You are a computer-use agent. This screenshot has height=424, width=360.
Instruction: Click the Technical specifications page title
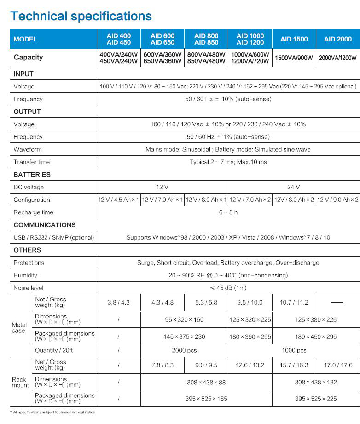(x=81, y=16)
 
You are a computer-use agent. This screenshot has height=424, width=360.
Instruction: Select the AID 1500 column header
(x=294, y=39)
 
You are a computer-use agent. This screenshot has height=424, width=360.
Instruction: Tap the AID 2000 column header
(x=338, y=39)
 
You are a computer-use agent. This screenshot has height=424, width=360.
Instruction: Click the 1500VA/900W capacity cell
(x=294, y=58)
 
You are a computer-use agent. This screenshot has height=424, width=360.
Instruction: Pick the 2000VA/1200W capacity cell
(x=338, y=58)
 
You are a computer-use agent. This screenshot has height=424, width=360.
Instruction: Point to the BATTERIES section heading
(x=32, y=175)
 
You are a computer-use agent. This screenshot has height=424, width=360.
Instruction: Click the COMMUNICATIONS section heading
(x=45, y=225)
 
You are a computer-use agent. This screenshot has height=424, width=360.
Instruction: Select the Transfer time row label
(x=32, y=162)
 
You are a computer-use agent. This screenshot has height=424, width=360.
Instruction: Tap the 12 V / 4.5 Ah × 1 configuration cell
(x=118, y=200)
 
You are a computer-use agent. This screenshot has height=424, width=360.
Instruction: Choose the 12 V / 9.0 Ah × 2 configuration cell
(x=338, y=200)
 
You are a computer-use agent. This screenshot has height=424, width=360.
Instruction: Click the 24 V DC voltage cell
(x=294, y=187)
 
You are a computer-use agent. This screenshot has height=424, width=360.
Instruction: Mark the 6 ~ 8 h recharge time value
(x=228, y=212)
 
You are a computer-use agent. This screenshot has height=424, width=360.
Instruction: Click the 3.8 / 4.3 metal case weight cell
(x=118, y=303)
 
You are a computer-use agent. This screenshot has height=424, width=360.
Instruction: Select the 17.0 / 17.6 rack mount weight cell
(x=338, y=365)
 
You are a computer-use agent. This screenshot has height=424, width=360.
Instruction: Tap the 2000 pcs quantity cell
(x=184, y=350)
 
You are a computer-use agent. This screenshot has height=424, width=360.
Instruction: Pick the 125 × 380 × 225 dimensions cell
(x=316, y=319)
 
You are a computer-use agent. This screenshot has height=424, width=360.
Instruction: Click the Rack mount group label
(x=20, y=383)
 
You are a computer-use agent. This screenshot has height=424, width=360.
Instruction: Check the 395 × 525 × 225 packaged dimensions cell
(x=316, y=399)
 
